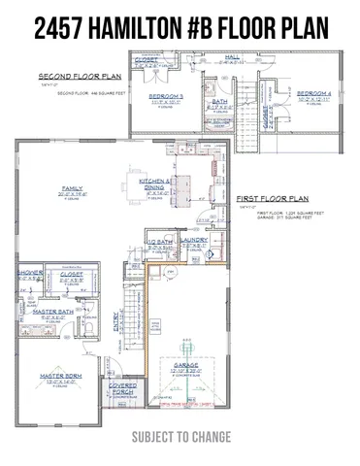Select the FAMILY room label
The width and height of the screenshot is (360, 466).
tap(72, 186)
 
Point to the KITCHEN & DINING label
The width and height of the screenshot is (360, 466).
tap(157, 184)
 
